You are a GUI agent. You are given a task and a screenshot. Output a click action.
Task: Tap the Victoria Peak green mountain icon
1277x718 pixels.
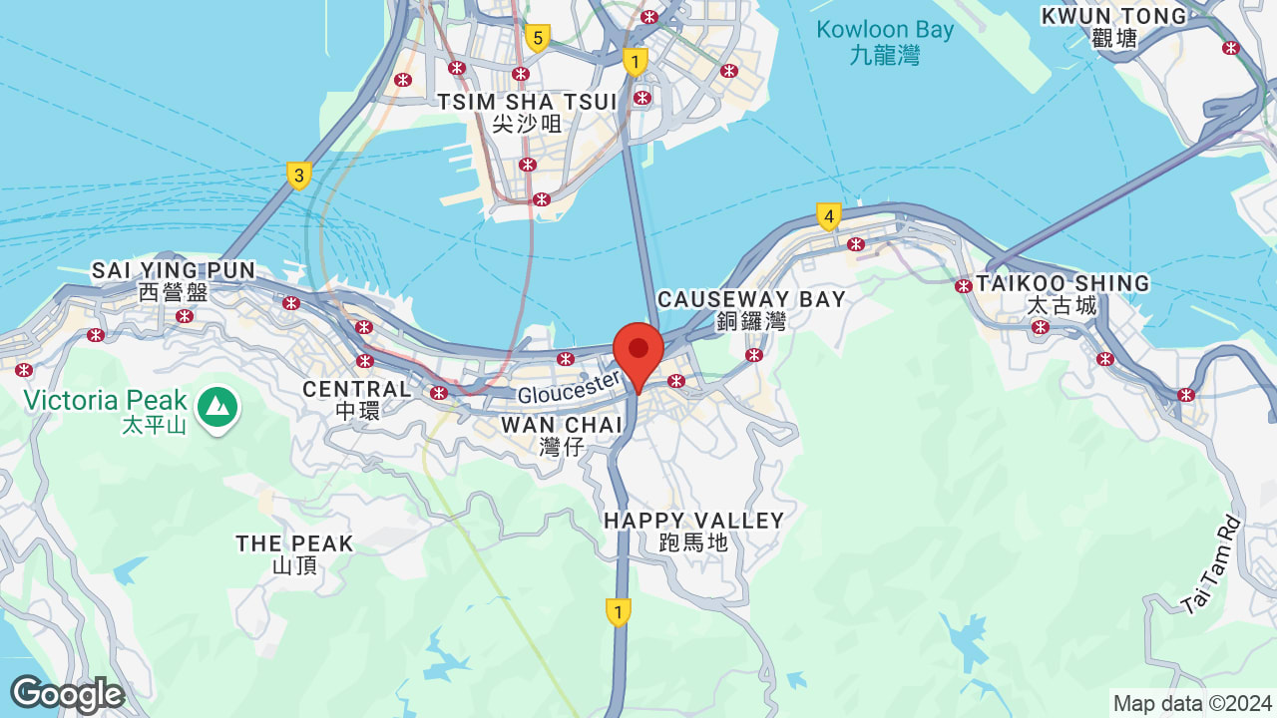pyautogui.click(x=216, y=407)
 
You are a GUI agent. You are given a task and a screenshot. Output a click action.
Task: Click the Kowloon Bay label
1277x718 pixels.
pyautogui.click(x=885, y=41)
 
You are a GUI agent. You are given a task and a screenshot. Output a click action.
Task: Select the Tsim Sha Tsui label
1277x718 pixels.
pyautogui.click(x=527, y=112)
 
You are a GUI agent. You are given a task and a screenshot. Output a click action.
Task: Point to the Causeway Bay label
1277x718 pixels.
pyautogui.click(x=751, y=309)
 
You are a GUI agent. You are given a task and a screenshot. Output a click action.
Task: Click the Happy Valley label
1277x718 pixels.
pyautogui.click(x=693, y=531)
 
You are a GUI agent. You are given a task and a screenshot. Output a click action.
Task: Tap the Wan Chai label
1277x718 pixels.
pyautogui.click(x=562, y=436)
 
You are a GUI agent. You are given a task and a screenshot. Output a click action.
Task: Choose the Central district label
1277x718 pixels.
pyautogui.click(x=357, y=399)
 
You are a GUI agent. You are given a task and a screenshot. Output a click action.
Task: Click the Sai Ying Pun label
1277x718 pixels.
pyautogui.click(x=174, y=280)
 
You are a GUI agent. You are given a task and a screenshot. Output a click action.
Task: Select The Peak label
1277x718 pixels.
pyautogui.click(x=294, y=553)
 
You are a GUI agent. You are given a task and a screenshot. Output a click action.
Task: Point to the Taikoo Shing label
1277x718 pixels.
pyautogui.click(x=1063, y=293)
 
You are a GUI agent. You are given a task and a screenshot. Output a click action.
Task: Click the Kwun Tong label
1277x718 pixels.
pyautogui.click(x=1114, y=27)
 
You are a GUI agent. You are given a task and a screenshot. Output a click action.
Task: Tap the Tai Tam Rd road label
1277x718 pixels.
pyautogui.click(x=1210, y=565)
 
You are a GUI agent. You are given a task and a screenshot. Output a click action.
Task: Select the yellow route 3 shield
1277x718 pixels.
pyautogui.click(x=298, y=176)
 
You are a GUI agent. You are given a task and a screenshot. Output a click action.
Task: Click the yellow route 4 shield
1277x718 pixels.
pyautogui.click(x=827, y=215)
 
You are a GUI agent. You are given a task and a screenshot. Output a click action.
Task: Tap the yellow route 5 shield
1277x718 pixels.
pyautogui.click(x=538, y=39)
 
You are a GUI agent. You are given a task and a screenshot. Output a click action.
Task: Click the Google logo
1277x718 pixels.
pyautogui.click(x=66, y=694)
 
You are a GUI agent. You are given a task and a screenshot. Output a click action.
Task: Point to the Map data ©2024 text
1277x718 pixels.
pyautogui.click(x=1192, y=703)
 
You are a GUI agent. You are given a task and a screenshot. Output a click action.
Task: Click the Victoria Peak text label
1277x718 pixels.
pyautogui.click(x=106, y=401)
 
